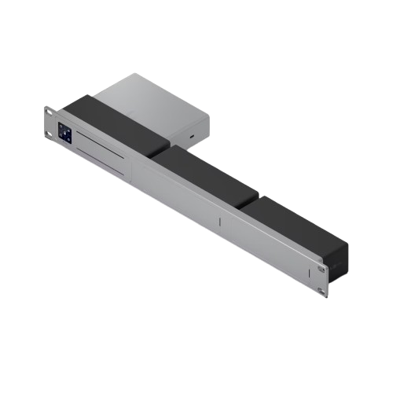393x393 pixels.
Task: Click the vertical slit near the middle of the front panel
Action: pyautogui.click(x=221, y=222)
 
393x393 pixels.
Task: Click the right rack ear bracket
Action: pyautogui.click(x=321, y=279)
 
